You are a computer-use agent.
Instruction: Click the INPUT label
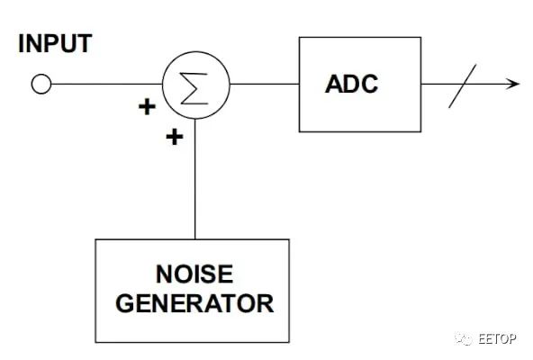55,43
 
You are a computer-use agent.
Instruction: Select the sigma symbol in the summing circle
194,88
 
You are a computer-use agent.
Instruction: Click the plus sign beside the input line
147,107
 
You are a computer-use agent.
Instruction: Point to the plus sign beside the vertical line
175,137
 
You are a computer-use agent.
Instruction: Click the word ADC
351,84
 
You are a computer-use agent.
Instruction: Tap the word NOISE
194,274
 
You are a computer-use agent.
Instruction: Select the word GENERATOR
194,303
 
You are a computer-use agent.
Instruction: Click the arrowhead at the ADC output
512,84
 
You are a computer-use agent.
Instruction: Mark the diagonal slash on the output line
462,86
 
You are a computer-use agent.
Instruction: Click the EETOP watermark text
497,338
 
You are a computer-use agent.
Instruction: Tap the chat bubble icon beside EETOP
464,338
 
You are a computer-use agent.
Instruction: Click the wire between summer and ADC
265,84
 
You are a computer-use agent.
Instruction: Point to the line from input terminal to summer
107,84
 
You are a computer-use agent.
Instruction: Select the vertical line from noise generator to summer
195,179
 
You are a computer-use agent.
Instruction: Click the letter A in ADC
334,84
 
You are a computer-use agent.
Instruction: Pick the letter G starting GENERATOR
125,303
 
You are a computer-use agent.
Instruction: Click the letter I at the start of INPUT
21,43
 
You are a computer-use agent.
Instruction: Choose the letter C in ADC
369,84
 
